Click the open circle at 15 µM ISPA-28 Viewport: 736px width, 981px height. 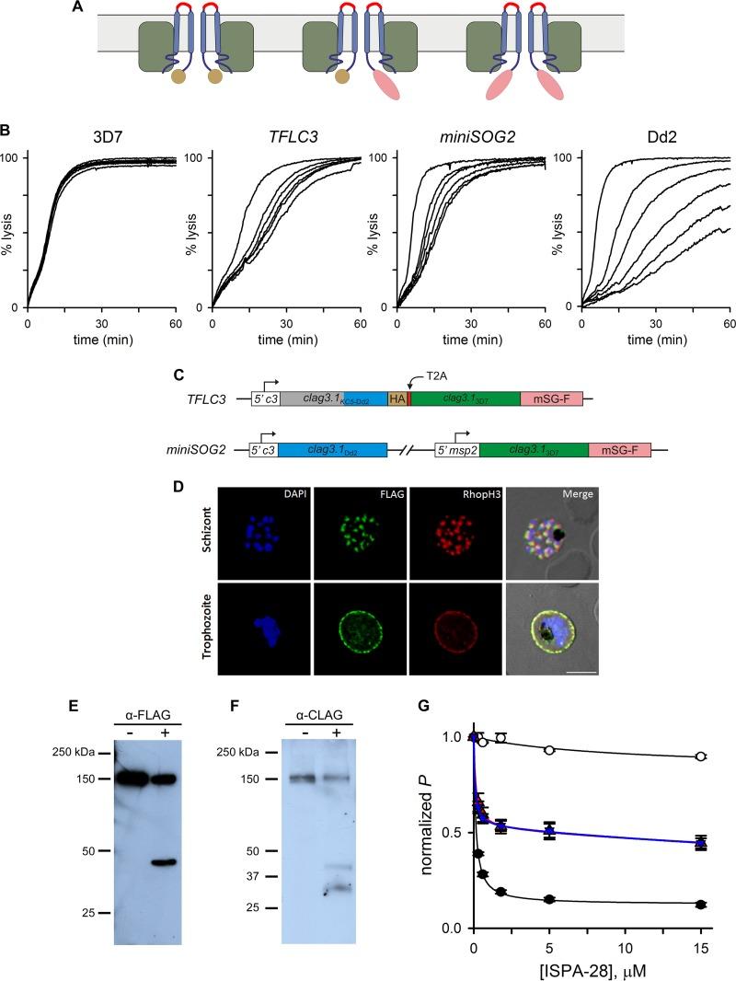[701, 756]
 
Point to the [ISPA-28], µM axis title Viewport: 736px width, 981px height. [587, 966]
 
